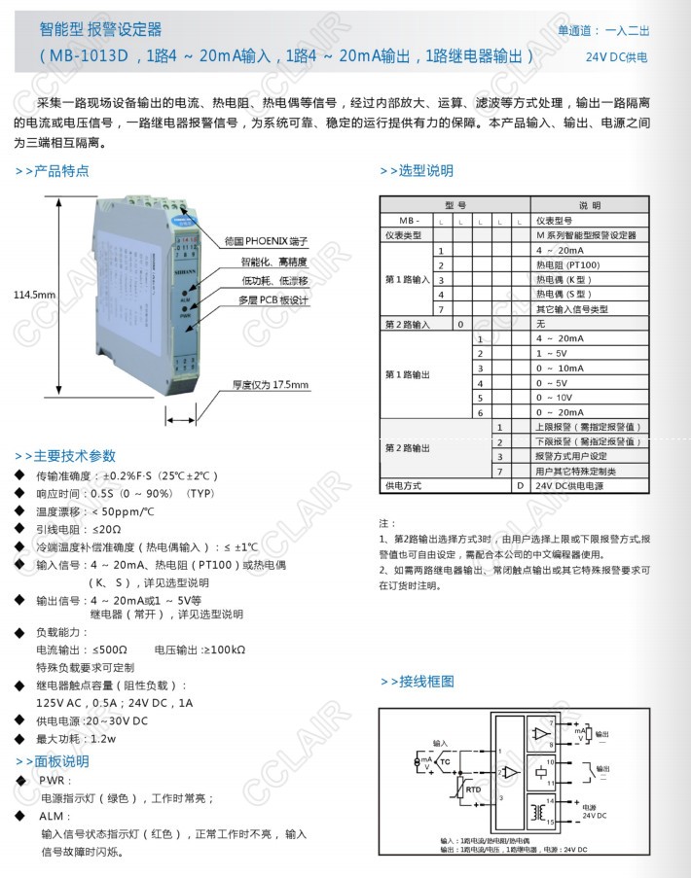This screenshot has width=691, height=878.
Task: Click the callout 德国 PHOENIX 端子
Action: [265, 239]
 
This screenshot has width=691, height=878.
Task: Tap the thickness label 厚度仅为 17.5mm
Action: [270, 385]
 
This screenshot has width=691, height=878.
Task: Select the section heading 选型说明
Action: [416, 171]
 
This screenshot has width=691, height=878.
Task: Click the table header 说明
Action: [590, 206]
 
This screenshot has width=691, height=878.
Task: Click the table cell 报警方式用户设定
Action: [571, 455]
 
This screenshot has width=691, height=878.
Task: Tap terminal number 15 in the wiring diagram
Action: [551, 824]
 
